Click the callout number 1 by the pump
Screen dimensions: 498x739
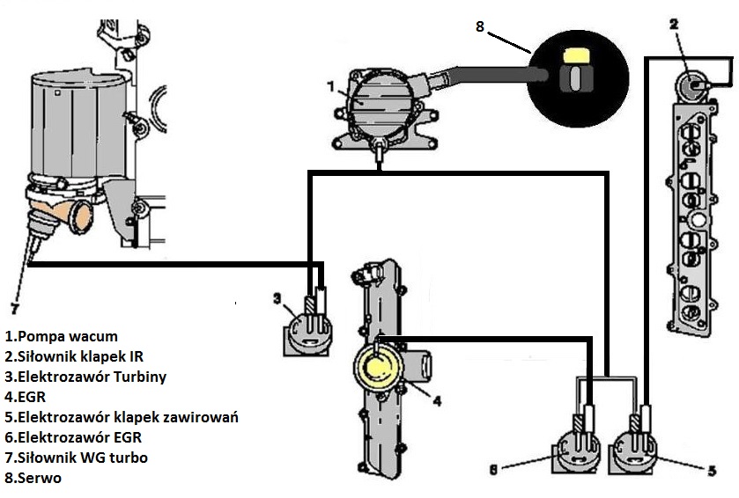pos(330,86)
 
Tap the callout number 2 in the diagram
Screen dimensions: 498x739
pos(673,24)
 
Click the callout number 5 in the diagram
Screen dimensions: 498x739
pos(712,471)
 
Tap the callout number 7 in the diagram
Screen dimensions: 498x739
pos(14,308)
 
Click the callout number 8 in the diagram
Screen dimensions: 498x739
pos(480,26)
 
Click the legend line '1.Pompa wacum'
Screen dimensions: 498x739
pos(62,336)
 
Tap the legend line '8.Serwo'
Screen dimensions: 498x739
pos(30,478)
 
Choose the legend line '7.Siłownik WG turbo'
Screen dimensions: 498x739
pos(76,458)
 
